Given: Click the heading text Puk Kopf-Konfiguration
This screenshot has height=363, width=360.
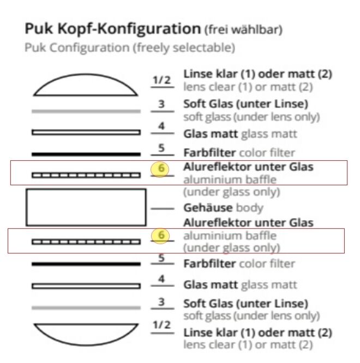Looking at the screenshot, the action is (x=112, y=29).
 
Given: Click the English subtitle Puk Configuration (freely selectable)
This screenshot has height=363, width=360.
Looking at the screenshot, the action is (x=130, y=47).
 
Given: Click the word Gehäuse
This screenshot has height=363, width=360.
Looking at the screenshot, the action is (x=207, y=208).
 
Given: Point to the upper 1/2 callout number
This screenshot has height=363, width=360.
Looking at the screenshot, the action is (x=161, y=80).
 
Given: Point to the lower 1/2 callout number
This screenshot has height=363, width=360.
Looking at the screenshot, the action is (x=161, y=324).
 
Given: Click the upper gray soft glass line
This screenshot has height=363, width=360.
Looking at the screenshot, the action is (x=86, y=111).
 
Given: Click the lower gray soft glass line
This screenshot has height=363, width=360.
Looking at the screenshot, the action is (x=86, y=308).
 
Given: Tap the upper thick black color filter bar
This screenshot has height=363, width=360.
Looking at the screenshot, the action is (x=86, y=154).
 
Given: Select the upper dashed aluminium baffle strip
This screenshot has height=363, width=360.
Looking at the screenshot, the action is (x=86, y=176).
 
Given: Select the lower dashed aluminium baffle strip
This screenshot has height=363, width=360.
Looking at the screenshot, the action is (x=86, y=242).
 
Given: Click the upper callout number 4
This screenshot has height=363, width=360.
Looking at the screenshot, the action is (x=161, y=126).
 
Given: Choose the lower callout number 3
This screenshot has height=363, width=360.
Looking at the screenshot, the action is (x=161, y=302).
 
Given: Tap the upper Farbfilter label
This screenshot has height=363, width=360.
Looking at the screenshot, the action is (x=209, y=153).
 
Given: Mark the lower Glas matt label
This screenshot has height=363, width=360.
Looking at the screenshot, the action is (x=211, y=285).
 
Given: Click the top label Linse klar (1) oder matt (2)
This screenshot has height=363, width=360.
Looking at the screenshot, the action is (x=258, y=74).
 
